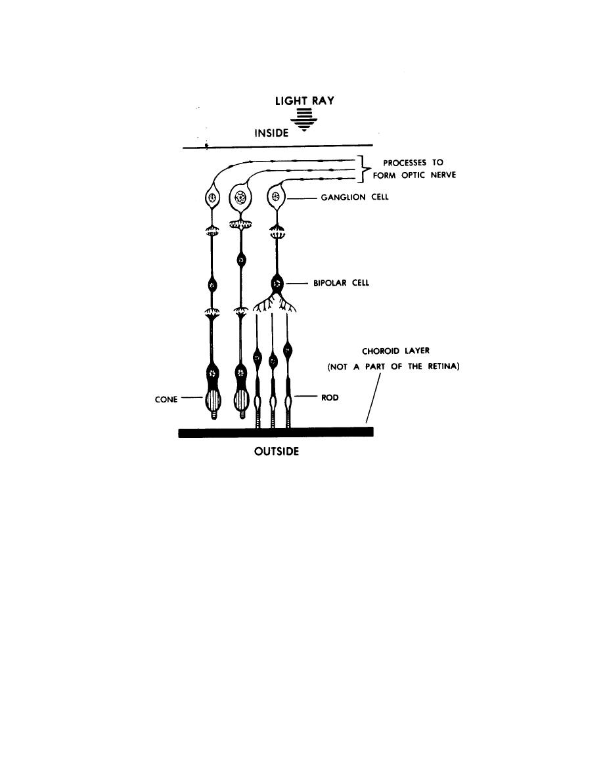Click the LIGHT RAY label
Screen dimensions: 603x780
[x=305, y=100]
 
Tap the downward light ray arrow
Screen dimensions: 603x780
[x=303, y=120]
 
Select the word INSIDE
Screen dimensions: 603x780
[x=271, y=133]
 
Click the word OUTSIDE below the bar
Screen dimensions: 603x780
[x=276, y=451]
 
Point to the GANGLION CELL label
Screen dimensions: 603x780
[x=354, y=197]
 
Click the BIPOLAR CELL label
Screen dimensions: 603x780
[x=341, y=283]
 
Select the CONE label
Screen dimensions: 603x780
[x=166, y=399]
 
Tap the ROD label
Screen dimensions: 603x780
[x=329, y=397]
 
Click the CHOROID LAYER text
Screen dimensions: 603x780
[x=395, y=351]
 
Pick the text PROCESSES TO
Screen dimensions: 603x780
[x=413, y=162]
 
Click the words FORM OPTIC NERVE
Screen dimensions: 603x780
[x=414, y=175]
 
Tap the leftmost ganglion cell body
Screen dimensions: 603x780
[x=212, y=198]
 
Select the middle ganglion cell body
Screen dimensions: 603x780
[x=241, y=198]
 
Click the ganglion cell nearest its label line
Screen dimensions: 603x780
[x=276, y=198]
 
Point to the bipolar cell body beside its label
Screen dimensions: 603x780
[x=277, y=284]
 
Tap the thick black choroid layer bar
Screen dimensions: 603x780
[x=276, y=432]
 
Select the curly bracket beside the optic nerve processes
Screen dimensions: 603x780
[x=365, y=169]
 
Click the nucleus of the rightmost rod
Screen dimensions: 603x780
[x=287, y=350]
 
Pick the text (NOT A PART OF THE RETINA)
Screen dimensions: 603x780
[x=393, y=366]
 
